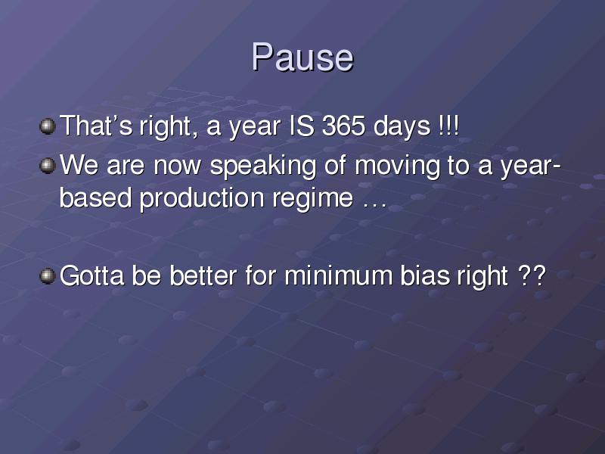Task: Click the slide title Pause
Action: coord(302,58)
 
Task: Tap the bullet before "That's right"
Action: coord(48,126)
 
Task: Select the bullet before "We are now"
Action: coord(48,166)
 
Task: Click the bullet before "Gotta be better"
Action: coord(48,276)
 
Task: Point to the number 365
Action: coord(344,126)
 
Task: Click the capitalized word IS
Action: coord(302,126)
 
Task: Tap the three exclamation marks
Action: coord(449,126)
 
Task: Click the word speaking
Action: coord(262,166)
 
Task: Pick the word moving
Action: coord(397,166)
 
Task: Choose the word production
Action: coord(202,198)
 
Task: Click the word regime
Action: coord(313,200)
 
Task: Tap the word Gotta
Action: coord(92,275)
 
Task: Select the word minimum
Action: coord(338,275)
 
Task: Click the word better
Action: coord(203,275)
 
